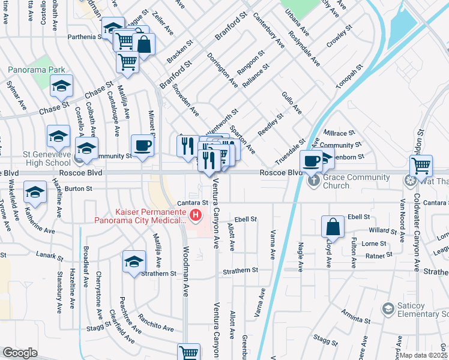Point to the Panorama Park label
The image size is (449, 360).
point(36,70)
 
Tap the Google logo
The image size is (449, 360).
point(20,353)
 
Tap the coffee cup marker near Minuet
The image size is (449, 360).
point(143,146)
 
